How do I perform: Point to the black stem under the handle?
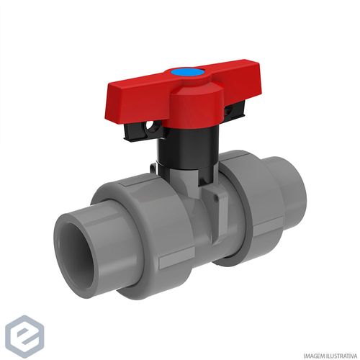pyautogui.click(x=189, y=146)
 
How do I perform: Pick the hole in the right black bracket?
pyautogui.click(x=228, y=110)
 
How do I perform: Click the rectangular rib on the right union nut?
pyautogui.click(x=268, y=225)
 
